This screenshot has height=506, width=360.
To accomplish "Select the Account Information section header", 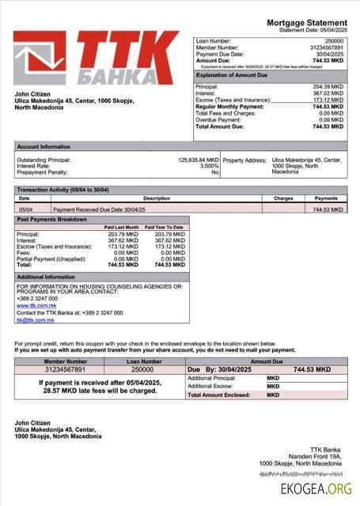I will coord(43,146).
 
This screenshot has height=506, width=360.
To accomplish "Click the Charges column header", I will coord(283,198).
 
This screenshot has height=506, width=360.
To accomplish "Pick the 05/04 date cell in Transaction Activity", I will coord(25,210).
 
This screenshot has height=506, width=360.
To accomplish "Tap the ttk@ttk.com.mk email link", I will coord(35,320).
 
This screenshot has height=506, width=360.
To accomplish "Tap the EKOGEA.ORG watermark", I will coord(316,489).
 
